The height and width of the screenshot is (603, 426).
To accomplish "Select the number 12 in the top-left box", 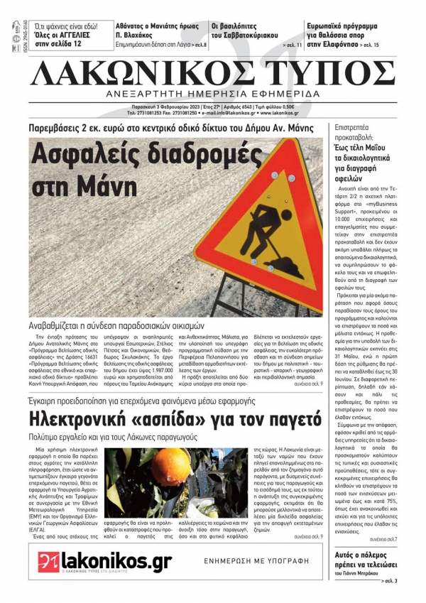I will tap(74, 43).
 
